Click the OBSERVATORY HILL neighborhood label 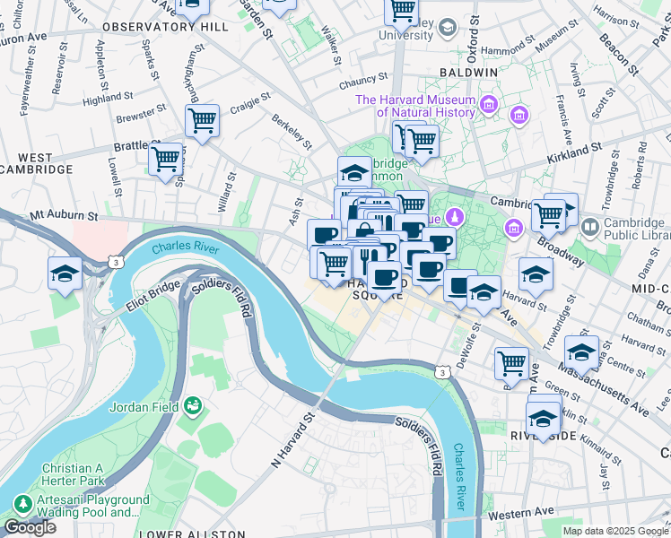165,28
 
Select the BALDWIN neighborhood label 467,72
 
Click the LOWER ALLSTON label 192,534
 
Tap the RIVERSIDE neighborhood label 543,435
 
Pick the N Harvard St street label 294,440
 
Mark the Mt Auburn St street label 63,216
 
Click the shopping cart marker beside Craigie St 202,120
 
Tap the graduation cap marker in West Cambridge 65,274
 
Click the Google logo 30,527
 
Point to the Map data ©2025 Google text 614,531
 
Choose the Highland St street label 108,99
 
